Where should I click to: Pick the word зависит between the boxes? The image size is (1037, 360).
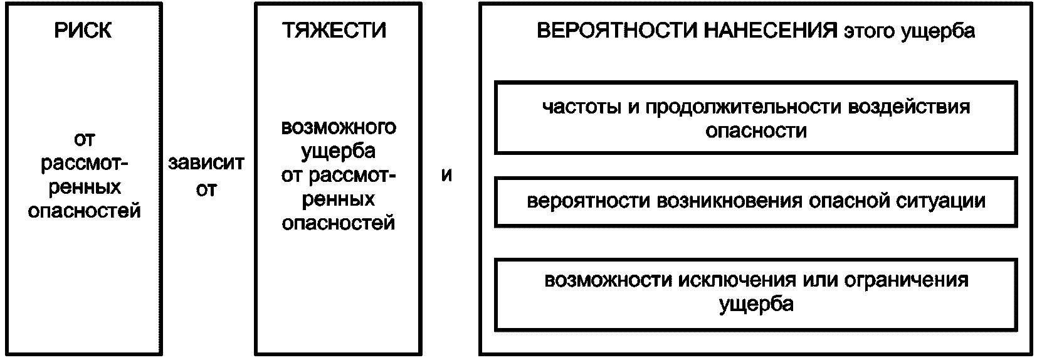click(x=206, y=164)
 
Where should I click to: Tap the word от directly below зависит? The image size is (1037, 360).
click(x=206, y=189)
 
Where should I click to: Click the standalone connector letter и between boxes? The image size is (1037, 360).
click(x=446, y=176)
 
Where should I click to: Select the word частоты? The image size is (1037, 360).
click(x=581, y=107)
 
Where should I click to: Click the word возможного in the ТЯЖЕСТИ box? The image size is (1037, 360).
click(x=339, y=127)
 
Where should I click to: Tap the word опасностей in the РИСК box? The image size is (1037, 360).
click(x=84, y=211)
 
